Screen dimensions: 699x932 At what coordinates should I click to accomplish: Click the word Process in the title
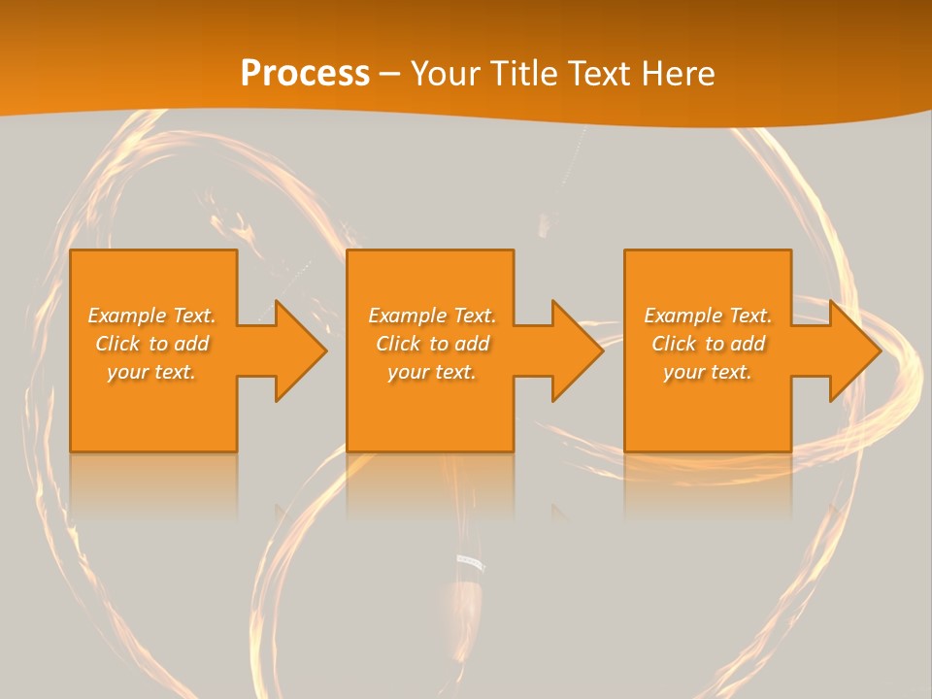click(x=305, y=74)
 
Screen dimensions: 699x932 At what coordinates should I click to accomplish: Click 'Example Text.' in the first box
click(x=151, y=316)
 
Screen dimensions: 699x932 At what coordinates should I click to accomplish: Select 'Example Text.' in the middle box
click(x=432, y=316)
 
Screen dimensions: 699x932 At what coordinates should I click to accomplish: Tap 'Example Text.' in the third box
click(x=708, y=316)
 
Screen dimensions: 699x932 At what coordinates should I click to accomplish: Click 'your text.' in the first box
click(x=151, y=372)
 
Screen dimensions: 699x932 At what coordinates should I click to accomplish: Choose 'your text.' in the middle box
click(x=432, y=372)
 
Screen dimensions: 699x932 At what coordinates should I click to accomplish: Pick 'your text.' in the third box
click(x=708, y=372)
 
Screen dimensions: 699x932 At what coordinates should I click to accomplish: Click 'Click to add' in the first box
click(x=151, y=344)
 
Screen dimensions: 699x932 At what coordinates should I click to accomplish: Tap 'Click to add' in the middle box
click(x=432, y=344)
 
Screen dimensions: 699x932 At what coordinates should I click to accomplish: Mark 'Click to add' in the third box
click(x=708, y=344)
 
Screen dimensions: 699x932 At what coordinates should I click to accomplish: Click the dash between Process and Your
click(x=390, y=74)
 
